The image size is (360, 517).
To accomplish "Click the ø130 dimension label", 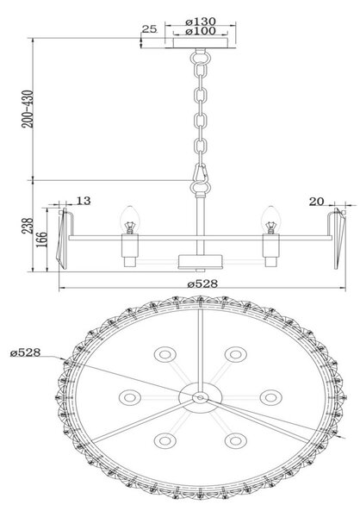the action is pyautogui.click(x=201, y=22).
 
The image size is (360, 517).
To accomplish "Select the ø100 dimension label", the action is pyautogui.click(x=201, y=31).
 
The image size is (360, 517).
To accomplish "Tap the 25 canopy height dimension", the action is pyautogui.click(x=149, y=29).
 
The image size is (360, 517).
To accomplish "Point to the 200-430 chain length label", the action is pyautogui.click(x=28, y=109).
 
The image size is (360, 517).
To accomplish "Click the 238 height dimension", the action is pyautogui.click(x=28, y=226).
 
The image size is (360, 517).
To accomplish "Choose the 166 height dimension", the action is pyautogui.click(x=41, y=240).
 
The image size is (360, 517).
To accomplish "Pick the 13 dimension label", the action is pyautogui.click(x=84, y=201).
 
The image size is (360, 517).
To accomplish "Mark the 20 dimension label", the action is pyautogui.click(x=316, y=201).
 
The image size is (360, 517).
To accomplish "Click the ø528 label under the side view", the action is pyautogui.click(x=202, y=283).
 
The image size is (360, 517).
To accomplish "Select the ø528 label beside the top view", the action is pyautogui.click(x=25, y=352).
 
